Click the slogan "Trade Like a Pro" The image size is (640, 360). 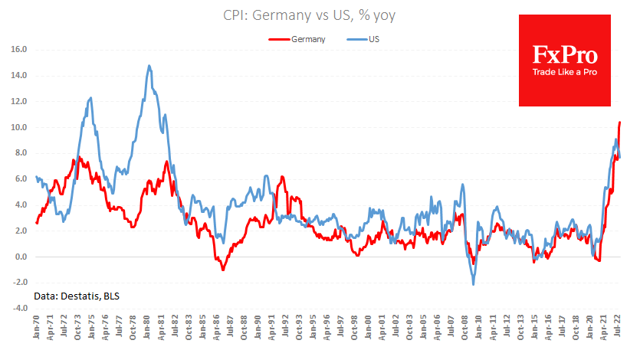(x=565, y=72)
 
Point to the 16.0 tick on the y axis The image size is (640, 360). (x=19, y=49)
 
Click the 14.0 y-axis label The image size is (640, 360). (x=19, y=75)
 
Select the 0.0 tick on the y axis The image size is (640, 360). (x=21, y=257)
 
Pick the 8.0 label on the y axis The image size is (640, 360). (x=21, y=153)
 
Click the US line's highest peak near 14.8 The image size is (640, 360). (x=149, y=66)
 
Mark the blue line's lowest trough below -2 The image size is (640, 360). (x=473, y=285)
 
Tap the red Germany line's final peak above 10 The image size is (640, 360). (x=619, y=122)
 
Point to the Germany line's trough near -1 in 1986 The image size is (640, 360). (x=223, y=270)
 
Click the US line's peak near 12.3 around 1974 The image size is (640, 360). (x=91, y=98)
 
